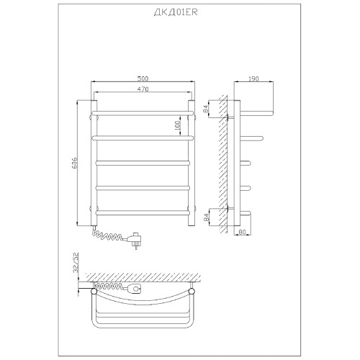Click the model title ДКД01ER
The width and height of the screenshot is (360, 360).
click(176, 12)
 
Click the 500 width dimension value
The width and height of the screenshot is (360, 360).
click(143, 78)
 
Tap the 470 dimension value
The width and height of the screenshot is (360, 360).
click(143, 89)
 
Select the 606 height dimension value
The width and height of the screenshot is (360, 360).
click(74, 163)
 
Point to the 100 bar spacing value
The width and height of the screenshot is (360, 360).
click(178, 125)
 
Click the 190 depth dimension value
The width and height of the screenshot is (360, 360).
click(253, 78)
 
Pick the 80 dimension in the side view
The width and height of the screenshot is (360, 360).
click(243, 232)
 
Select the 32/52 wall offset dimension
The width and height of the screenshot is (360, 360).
click(76, 262)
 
